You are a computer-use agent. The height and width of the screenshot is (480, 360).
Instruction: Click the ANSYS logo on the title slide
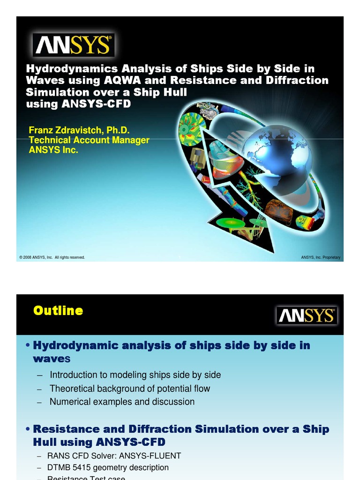click(73, 45)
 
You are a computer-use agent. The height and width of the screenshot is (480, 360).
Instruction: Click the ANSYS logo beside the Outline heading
click(306, 315)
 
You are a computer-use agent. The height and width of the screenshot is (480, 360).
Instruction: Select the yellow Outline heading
click(58, 311)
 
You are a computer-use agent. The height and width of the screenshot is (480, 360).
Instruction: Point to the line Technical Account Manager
click(89, 140)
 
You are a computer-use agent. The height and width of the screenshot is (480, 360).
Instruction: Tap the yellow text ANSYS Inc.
click(53, 150)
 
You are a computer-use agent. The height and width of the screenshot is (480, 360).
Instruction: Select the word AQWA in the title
click(123, 80)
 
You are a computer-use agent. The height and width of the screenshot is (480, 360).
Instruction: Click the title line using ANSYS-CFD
click(78, 104)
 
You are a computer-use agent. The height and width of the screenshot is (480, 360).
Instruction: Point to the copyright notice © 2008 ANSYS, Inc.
click(52, 257)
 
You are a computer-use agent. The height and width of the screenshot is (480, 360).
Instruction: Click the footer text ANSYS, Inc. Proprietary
click(321, 257)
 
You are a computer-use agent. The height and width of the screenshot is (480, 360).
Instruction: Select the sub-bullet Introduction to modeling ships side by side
click(135, 375)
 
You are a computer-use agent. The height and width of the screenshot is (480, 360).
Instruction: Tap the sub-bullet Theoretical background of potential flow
click(130, 389)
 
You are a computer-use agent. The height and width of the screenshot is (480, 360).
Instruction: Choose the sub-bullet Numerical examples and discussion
click(122, 402)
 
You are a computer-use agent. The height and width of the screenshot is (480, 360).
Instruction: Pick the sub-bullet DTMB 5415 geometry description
click(108, 467)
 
